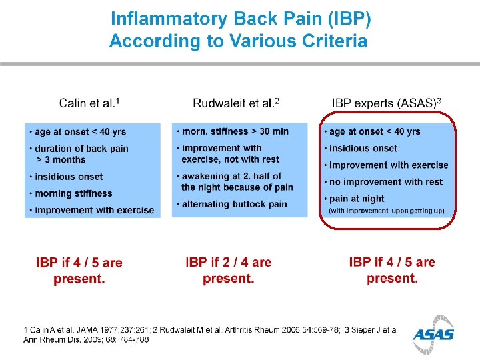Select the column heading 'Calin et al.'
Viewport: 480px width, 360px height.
coord(89,103)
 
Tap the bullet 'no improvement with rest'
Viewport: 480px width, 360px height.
coord(386,181)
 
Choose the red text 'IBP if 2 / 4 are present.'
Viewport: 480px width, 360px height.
coord(229,271)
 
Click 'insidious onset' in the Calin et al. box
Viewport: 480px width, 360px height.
coord(69,177)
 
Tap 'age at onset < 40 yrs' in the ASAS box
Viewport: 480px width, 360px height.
coord(375,131)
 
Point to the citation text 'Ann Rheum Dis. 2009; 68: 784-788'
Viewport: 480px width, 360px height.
coord(87,339)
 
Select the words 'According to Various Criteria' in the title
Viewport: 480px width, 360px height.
coord(238,41)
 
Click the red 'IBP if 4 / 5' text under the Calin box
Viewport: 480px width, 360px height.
coord(79,263)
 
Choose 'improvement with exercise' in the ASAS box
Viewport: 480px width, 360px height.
coord(389,165)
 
